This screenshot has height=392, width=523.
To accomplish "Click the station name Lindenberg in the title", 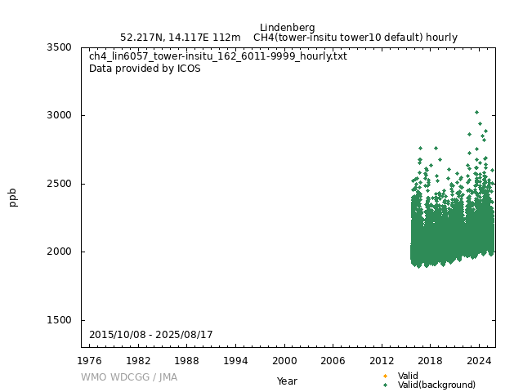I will coord(287,27).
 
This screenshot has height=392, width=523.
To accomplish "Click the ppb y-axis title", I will coord(13,197).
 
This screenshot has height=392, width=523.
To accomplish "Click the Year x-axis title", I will coord(287,381).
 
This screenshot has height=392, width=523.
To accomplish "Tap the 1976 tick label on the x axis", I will coord(90,360).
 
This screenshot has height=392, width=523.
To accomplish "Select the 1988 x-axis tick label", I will coord(187,360).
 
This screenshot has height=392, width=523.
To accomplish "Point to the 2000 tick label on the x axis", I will coord(284,360).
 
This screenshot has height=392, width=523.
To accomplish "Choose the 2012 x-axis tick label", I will coord(382,360).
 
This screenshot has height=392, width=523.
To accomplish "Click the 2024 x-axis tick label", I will coord(479,360).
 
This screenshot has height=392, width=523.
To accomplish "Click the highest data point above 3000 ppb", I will coord(477,113).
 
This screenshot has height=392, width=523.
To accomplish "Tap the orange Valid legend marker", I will coord(385,376).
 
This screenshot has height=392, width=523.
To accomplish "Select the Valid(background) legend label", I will coord(436,385).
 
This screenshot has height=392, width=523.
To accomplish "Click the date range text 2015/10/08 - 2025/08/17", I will coord(151,336).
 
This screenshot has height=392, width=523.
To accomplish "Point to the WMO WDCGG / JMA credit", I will coord(129,377).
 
